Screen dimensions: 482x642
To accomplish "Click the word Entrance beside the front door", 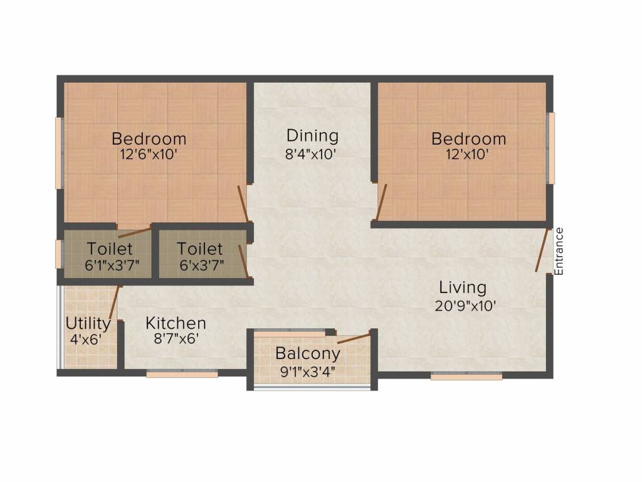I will pos(559,251).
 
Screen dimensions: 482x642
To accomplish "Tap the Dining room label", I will pos(312,136).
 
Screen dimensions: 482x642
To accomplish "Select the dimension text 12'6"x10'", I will pos(149,154).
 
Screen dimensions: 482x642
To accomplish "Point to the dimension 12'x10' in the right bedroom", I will pos(468,154).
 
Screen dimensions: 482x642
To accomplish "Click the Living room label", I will pos(462,288).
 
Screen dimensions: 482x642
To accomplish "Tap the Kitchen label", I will pos(176,323).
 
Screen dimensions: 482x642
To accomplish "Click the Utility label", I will pos(88,324).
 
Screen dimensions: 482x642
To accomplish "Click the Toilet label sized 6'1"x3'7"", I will pos(110,249).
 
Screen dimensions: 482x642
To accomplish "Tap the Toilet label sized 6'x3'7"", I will pos(199,249).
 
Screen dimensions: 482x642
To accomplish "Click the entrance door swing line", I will pos(542,250).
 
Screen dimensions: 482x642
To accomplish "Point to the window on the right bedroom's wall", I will pos(552,148).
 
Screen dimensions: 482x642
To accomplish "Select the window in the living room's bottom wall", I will pos(466,376).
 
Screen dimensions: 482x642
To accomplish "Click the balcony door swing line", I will pos(353,340).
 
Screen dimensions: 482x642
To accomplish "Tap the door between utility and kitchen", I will pos(114,304).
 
